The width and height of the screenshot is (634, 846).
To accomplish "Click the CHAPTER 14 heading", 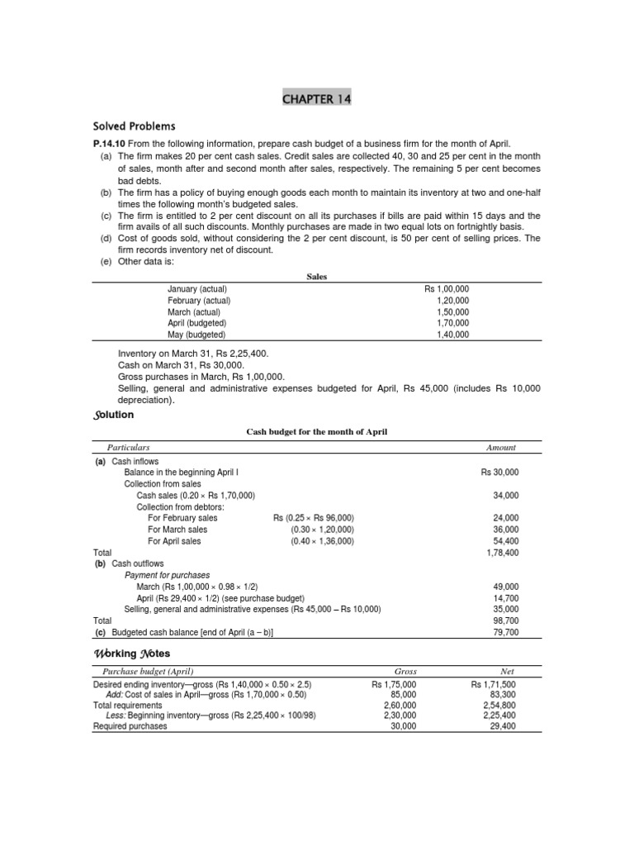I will (x=317, y=99).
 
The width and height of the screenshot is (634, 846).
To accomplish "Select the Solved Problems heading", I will (x=134, y=126).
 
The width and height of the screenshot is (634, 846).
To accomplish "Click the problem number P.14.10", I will (x=109, y=143).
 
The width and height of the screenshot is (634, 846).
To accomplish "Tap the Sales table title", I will (x=317, y=278).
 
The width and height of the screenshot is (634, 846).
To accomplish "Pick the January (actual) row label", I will (x=197, y=289).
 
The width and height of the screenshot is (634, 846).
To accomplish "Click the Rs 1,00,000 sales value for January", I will (x=447, y=289).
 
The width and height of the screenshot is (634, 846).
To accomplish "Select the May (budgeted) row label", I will (x=196, y=335).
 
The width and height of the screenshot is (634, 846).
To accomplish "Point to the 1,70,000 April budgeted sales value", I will (x=452, y=324).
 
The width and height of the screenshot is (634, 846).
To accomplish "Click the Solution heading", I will (x=113, y=414).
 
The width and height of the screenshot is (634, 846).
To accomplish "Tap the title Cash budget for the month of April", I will (x=317, y=432).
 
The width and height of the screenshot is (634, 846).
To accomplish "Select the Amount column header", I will (x=501, y=447).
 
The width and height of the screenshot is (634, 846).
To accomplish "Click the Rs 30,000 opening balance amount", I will (x=499, y=472).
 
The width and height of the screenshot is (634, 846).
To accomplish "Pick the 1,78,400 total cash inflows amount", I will (x=503, y=552).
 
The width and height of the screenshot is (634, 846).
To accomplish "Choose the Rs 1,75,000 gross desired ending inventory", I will (x=395, y=685).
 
